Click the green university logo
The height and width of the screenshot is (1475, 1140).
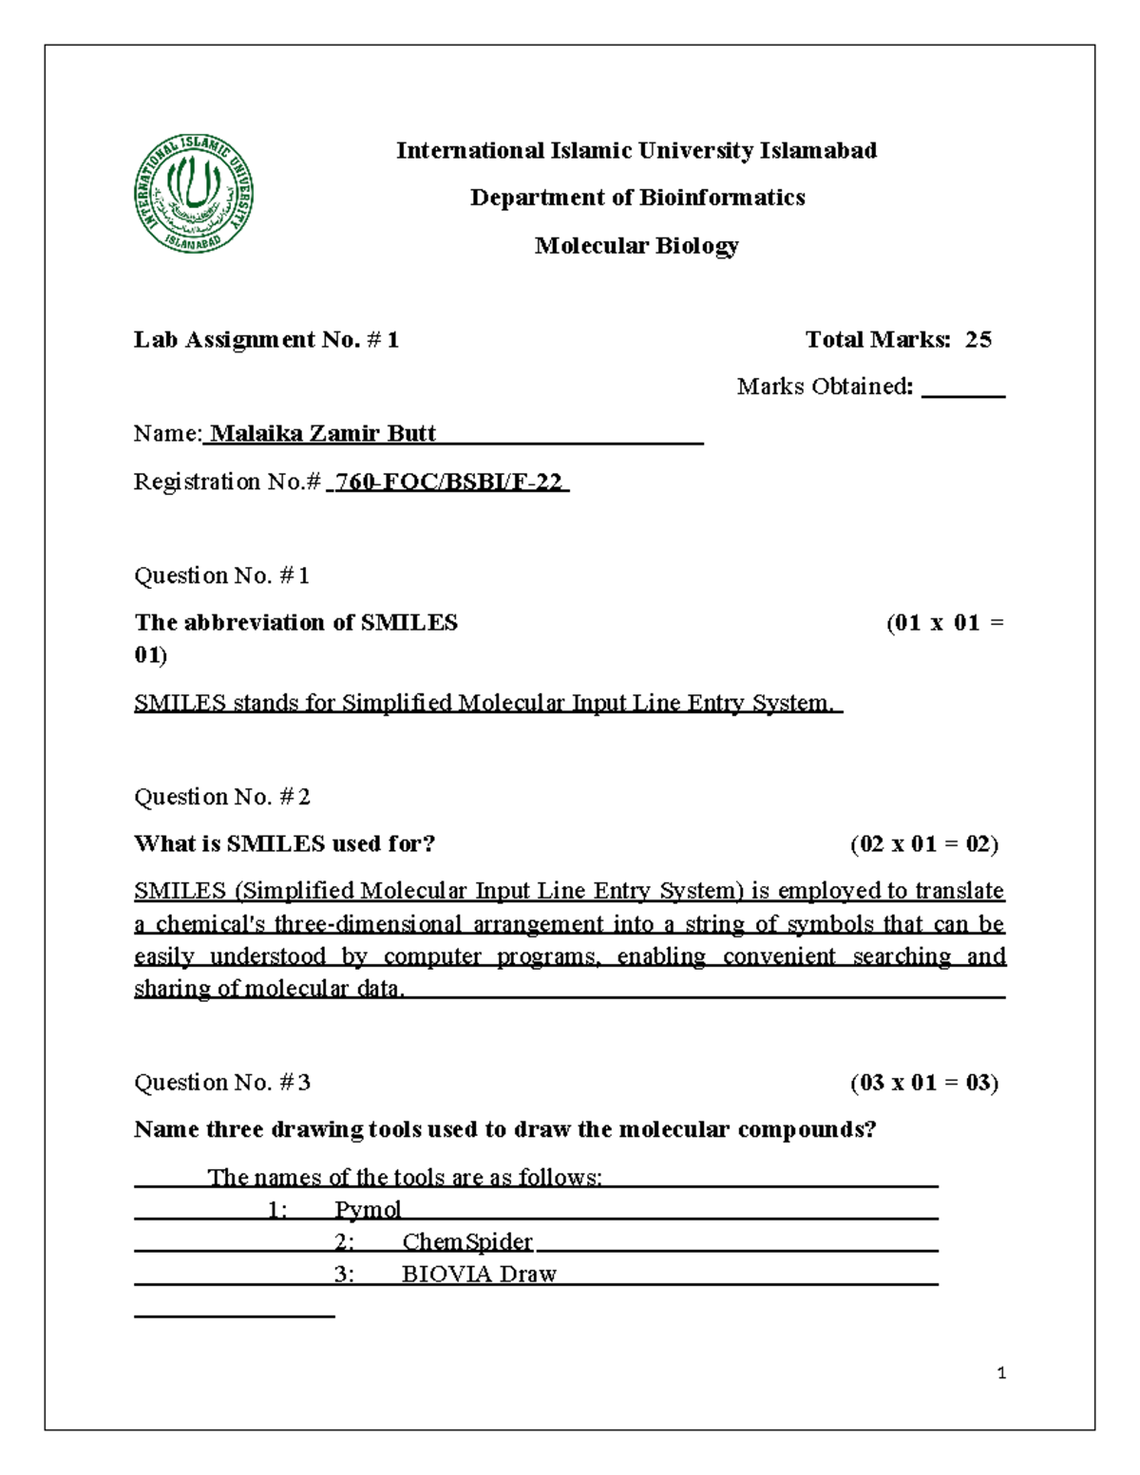click(194, 193)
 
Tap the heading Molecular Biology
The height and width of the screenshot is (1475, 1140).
click(636, 245)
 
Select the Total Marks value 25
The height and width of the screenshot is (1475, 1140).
click(978, 340)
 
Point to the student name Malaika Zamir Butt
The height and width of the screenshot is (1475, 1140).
click(323, 434)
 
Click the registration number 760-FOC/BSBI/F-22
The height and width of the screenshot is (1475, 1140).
click(448, 482)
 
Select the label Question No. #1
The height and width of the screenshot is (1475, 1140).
click(221, 576)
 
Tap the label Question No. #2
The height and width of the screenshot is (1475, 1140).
click(221, 797)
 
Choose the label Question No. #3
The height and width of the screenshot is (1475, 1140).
click(221, 1083)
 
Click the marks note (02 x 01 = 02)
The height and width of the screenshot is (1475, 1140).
click(923, 844)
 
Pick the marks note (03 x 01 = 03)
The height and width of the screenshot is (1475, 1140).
click(923, 1083)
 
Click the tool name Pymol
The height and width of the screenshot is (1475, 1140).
click(368, 1210)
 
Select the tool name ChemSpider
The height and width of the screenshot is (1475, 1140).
click(467, 1242)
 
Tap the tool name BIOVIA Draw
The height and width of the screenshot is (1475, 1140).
click(479, 1275)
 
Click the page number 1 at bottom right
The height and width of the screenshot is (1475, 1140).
click(1001, 1372)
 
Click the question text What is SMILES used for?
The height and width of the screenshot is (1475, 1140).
click(284, 844)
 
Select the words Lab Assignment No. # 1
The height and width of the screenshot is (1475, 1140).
click(266, 340)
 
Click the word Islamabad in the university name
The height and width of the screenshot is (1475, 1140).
click(818, 151)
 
